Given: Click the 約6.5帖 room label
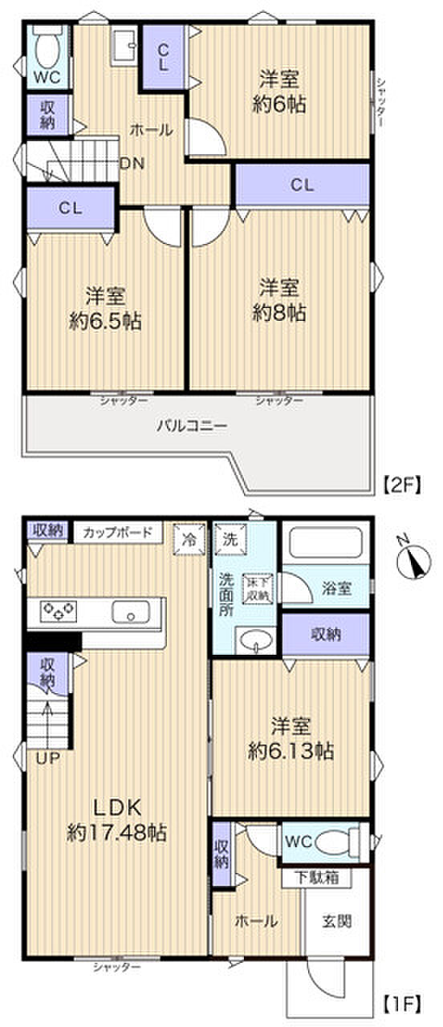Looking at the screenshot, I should [x=105, y=309].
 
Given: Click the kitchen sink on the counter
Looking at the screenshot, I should [x=131, y=613].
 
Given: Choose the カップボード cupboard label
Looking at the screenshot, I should [x=118, y=532].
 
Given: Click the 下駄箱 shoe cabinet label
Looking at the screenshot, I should [x=315, y=878].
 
